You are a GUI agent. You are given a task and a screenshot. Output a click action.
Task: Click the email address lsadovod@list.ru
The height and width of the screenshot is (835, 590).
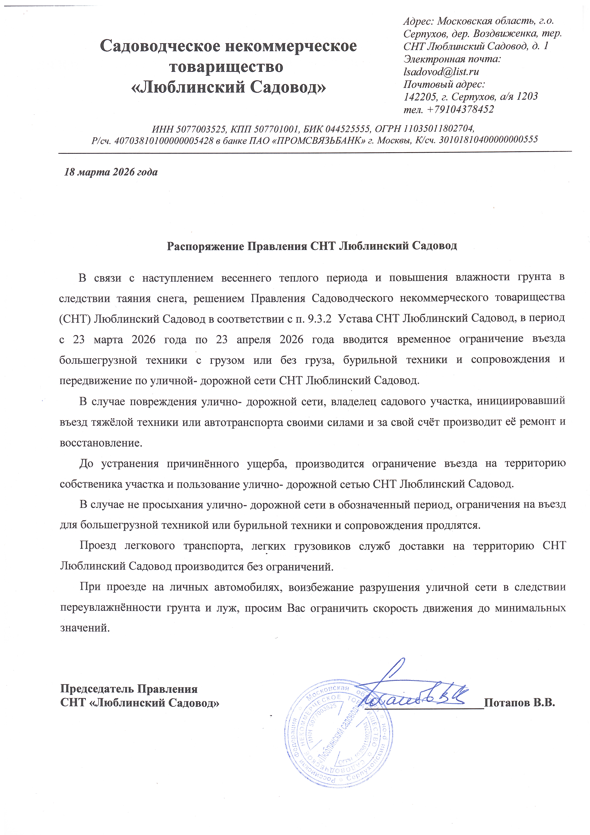(x=441, y=72)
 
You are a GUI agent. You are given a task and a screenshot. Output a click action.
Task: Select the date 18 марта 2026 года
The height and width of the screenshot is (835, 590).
(x=111, y=172)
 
